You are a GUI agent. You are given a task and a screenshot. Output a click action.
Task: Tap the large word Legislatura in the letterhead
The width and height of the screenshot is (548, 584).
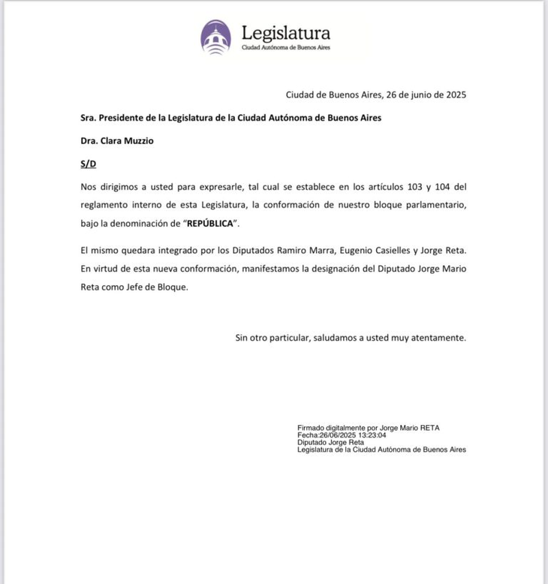tap(285, 33)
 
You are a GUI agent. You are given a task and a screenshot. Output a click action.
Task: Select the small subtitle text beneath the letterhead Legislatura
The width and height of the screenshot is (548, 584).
tap(285, 48)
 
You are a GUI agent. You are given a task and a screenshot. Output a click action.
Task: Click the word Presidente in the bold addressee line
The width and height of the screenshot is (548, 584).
tap(122, 118)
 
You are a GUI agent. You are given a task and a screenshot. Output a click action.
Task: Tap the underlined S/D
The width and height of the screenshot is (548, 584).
tap(89, 163)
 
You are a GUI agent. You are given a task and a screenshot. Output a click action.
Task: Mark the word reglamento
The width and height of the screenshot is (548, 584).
tap(107, 205)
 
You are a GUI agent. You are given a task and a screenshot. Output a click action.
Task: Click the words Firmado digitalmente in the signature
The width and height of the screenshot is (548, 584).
tap(330, 428)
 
